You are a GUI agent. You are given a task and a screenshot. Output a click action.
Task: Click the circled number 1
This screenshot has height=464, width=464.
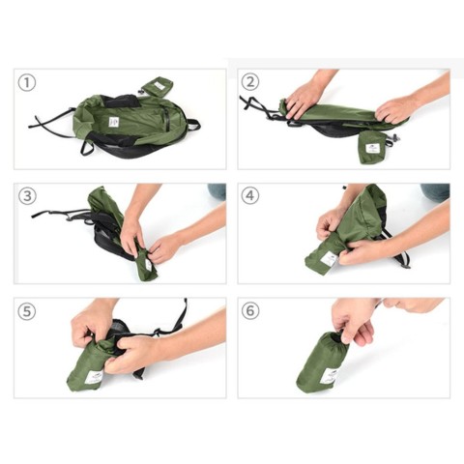point(27,82)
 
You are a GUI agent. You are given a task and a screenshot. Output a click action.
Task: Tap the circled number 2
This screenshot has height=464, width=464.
point(251,82)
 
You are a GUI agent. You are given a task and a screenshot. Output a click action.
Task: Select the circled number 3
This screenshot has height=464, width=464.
point(27,196)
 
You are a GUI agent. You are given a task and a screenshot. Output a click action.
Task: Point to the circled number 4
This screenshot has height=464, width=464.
point(251,196)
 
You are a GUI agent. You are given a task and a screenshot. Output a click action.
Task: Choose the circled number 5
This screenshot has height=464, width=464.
point(27,312)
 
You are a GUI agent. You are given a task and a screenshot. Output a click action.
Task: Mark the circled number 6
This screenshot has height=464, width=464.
point(251,312)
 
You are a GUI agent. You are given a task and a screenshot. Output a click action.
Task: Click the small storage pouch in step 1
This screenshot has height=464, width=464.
point(157,86)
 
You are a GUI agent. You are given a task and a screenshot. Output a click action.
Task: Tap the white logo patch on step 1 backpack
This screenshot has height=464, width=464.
point(114,122)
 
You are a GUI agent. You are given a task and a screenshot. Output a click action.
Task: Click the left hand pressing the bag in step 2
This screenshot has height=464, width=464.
point(306,97)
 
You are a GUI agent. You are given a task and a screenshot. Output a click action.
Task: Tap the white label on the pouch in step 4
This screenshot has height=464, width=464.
point(329,259)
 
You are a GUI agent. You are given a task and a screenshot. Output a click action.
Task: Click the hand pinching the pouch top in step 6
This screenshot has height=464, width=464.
point(355,319)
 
